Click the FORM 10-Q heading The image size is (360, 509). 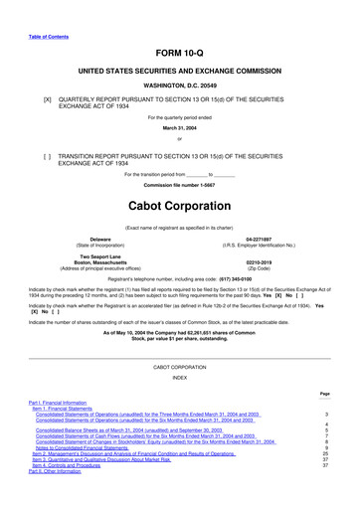(x=179, y=53)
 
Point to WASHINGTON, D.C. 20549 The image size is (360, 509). (x=179, y=86)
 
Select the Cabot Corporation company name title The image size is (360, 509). (x=179, y=205)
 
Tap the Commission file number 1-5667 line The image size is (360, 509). (x=179, y=186)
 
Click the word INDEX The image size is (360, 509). (x=179, y=377)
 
